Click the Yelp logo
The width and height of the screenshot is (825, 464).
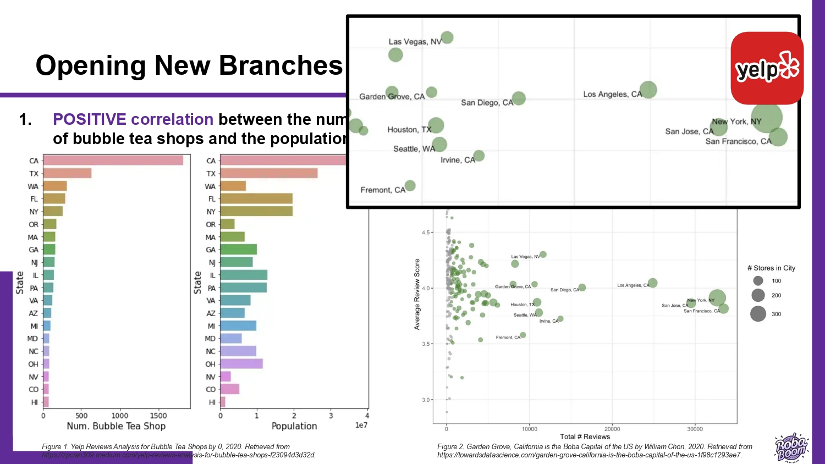767,68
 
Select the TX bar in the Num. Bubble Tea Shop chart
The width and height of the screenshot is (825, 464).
67,174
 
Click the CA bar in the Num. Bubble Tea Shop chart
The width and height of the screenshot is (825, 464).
113,161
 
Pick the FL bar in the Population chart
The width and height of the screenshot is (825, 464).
256,199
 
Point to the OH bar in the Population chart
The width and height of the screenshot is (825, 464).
241,364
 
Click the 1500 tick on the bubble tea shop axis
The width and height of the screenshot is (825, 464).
158,416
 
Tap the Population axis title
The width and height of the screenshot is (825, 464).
294,426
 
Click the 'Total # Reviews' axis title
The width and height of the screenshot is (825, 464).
585,437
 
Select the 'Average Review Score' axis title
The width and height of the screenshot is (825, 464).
417,294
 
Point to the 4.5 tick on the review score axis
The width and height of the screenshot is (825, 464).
426,233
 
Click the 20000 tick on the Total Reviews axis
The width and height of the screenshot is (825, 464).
612,429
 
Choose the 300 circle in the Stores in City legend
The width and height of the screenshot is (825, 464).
758,314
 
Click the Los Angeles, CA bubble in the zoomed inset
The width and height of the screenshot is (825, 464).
648,90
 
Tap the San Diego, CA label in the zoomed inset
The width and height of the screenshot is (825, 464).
487,103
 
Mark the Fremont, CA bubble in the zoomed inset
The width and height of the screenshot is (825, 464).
410,186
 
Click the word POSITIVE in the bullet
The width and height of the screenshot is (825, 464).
90,119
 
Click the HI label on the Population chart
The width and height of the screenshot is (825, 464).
212,402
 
